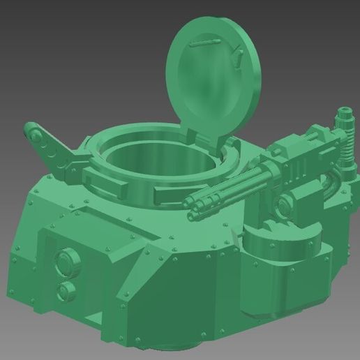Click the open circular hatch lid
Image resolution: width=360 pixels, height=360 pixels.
pyautogui.click(x=213, y=73)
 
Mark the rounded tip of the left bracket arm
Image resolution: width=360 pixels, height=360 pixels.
pyautogui.click(x=31, y=128)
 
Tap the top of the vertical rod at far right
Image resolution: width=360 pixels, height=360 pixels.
pyautogui.click(x=344, y=112)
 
